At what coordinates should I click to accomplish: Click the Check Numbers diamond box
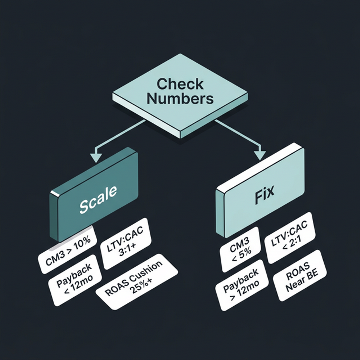(x=180, y=92)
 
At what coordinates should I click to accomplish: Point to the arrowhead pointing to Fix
(x=258, y=154)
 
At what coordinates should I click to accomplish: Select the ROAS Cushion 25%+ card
(x=137, y=283)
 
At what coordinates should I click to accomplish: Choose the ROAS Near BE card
(x=300, y=276)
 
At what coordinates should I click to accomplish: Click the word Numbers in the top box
(x=180, y=99)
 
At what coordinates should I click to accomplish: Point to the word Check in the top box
(x=180, y=84)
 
